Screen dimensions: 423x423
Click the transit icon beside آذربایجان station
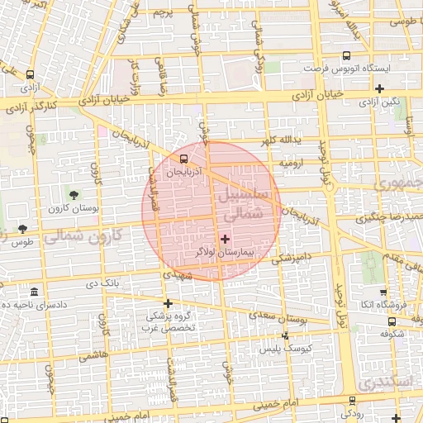[183, 159]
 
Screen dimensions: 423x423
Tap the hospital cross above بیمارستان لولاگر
[225, 238]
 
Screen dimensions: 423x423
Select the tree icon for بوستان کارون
[75, 196]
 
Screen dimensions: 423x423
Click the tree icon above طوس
[22, 229]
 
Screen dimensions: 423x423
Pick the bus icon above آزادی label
[31, 74]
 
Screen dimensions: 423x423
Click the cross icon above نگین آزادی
[379, 89]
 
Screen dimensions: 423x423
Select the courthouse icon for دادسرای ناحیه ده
[33, 292]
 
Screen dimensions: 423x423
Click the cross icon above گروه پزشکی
[169, 302]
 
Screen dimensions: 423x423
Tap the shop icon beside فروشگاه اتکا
[383, 292]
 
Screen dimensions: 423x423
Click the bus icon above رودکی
[353, 400]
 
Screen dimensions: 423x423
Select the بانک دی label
[104, 285]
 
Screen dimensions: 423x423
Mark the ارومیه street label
[293, 164]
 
